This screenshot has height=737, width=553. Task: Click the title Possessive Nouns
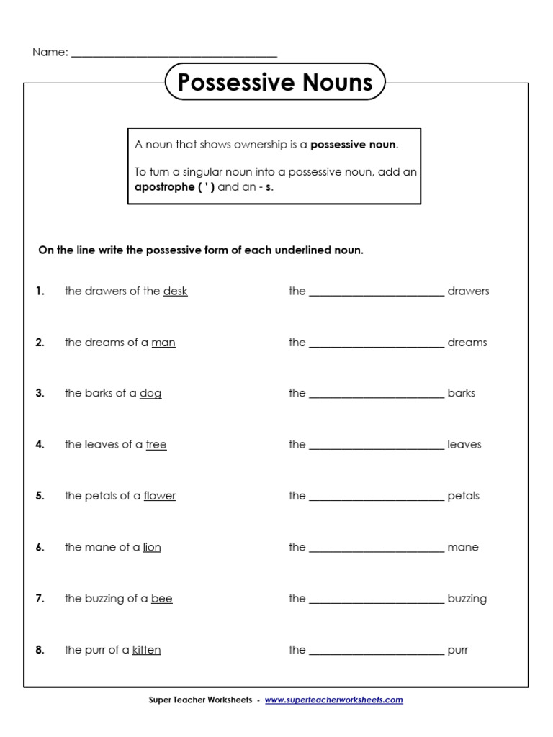coord(275,82)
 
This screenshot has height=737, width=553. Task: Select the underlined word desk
coord(175,291)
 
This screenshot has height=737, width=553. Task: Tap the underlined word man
coord(163,343)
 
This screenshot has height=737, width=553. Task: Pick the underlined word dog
coord(150,394)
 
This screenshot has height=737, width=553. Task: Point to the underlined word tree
coord(156,445)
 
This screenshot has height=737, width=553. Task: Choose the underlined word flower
coord(160,496)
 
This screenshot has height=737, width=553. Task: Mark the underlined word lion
coord(152,548)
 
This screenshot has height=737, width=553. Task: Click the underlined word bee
coord(162,599)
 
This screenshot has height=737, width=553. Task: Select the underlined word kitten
coord(147,650)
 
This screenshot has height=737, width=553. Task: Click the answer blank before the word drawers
coord(377,292)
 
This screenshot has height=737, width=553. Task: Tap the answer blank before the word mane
coord(377,548)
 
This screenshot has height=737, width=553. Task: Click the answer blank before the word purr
coord(377,651)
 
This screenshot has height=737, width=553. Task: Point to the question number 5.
coord(40,496)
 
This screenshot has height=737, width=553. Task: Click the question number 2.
coord(40,343)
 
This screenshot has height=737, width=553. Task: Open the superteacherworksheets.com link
coord(334,700)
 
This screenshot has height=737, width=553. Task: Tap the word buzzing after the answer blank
coord(467,599)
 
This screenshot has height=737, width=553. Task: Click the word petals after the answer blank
coord(463,496)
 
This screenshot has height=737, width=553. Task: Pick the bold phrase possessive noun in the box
coord(353,145)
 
